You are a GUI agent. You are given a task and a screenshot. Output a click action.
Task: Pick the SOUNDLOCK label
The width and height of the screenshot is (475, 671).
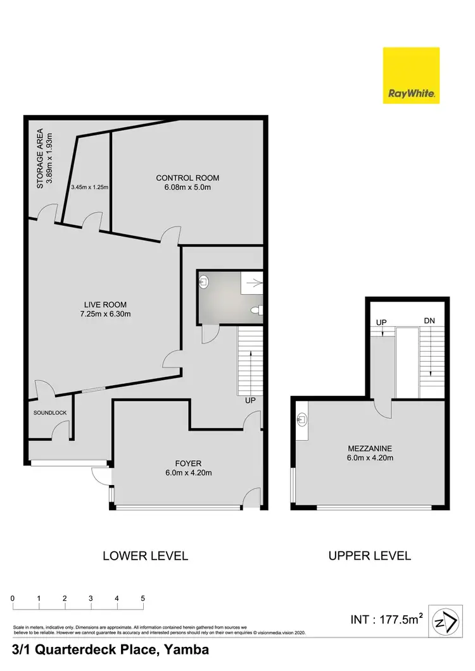(x=50, y=413)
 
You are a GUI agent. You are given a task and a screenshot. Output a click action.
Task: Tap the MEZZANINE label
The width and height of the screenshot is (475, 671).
(x=369, y=448)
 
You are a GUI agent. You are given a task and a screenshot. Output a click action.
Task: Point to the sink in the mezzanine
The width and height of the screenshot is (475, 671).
(x=302, y=419)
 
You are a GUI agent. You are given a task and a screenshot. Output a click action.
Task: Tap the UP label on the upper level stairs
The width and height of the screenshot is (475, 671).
(x=381, y=322)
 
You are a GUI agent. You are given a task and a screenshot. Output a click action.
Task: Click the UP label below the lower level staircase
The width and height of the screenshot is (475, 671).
(x=251, y=401)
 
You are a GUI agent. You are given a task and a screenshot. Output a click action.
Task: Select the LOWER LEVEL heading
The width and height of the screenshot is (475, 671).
(x=145, y=556)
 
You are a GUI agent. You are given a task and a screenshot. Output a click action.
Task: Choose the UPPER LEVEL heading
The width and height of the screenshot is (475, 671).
(x=369, y=556)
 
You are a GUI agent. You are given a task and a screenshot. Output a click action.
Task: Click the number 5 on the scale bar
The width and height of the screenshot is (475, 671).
(x=143, y=598)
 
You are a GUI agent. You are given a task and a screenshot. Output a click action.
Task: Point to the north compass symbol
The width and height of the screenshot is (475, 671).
(x=446, y=622)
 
